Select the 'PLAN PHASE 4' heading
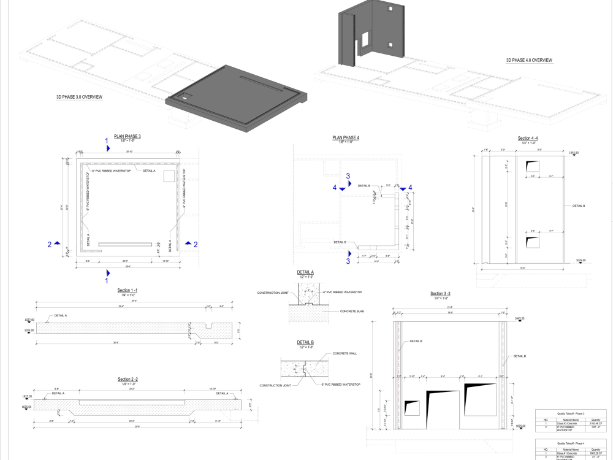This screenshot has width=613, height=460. click(346, 138)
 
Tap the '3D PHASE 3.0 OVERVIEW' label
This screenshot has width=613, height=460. click(79, 97)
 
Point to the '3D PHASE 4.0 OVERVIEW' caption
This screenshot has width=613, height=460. click(529, 60)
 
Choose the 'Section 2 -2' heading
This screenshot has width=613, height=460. click(128, 380)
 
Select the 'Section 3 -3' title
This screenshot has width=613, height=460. click(441, 294)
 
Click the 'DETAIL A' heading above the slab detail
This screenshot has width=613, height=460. click(305, 272)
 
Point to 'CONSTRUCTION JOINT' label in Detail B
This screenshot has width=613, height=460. click(275, 385)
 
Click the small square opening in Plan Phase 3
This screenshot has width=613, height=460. click(170, 176)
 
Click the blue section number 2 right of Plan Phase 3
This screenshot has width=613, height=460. click(196, 244)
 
